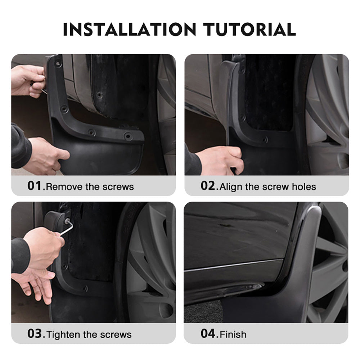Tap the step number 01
(35, 186)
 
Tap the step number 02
(208, 186)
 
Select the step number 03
(35, 334)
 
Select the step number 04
(208, 334)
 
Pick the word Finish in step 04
(233, 334)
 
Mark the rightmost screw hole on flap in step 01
(128, 136)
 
